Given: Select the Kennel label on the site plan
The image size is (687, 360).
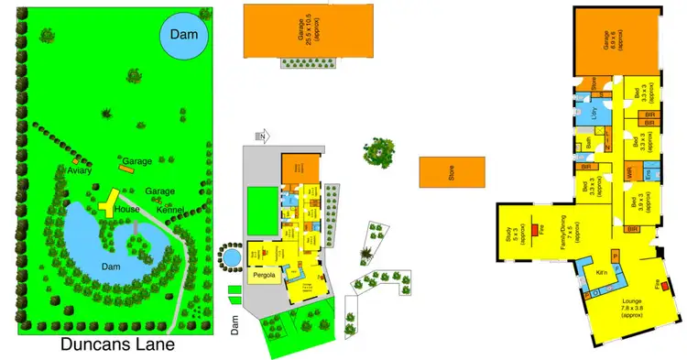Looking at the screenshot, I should (170, 211).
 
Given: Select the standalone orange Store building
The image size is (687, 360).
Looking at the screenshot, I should (452, 172).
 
